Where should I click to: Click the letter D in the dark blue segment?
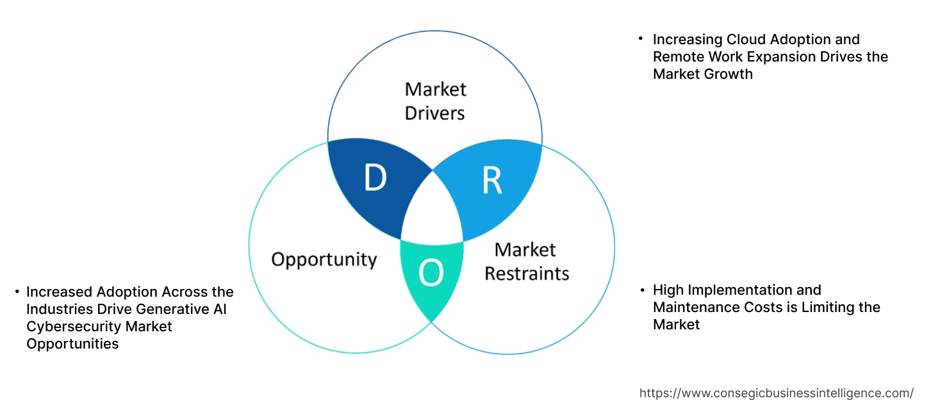pyautogui.click(x=375, y=177)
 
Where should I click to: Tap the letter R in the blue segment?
pyautogui.click(x=491, y=181)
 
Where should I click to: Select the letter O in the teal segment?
pyautogui.click(x=431, y=274)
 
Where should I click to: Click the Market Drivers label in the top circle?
pyautogui.click(x=435, y=101)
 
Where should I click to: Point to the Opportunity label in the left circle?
pyautogui.click(x=324, y=260)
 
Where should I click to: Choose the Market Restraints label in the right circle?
pyautogui.click(x=526, y=261)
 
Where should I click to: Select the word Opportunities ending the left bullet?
pyautogui.click(x=72, y=344)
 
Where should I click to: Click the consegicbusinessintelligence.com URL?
pyautogui.click(x=777, y=393)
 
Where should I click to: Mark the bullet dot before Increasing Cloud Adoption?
pyautogui.click(x=641, y=39)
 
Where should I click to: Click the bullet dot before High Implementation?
pyautogui.click(x=642, y=291)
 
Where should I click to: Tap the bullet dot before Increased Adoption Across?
pyautogui.click(x=17, y=292)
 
